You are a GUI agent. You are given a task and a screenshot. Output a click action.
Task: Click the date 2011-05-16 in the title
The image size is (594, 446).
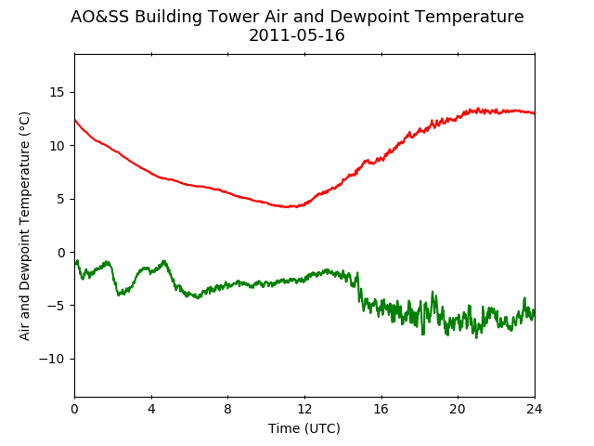tap(297, 35)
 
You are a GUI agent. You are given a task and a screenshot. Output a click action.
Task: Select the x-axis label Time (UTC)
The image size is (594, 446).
tap(304, 428)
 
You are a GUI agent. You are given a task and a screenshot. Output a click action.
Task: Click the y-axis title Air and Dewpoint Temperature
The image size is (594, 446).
tap(24, 227)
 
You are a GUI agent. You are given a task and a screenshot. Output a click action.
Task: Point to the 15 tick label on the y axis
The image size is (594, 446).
tap(58, 93)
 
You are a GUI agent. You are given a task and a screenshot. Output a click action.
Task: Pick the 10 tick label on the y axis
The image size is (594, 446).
tap(58, 146)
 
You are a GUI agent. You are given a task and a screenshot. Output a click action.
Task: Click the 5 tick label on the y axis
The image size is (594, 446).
tap(61, 199)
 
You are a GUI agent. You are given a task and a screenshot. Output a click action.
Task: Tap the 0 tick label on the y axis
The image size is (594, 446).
tap(61, 253)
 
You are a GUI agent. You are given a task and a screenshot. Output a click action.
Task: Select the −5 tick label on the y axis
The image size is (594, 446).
tap(56, 306)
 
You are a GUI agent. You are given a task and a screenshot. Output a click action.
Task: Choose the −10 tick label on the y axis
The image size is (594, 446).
tap(52, 360)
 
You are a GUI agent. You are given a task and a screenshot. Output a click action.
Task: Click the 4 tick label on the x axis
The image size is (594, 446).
tap(151, 409)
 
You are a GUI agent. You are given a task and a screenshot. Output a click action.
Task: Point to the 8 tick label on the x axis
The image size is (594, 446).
tap(227, 409)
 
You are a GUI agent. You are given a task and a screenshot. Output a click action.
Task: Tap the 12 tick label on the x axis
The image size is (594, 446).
tap(304, 409)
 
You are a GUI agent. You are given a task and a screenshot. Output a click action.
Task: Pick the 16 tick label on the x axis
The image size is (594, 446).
tap(381, 409)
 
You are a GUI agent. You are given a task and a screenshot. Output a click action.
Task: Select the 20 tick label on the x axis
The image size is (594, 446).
tap(458, 409)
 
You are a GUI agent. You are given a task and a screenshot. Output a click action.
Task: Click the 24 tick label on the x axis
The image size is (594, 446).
tap(535, 409)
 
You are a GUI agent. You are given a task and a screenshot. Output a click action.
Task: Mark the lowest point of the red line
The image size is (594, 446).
tap(287, 207)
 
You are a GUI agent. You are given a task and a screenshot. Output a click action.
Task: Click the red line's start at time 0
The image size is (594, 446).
tap(75, 120)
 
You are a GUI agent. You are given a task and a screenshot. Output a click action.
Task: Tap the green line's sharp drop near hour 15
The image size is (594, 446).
tap(358, 287)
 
